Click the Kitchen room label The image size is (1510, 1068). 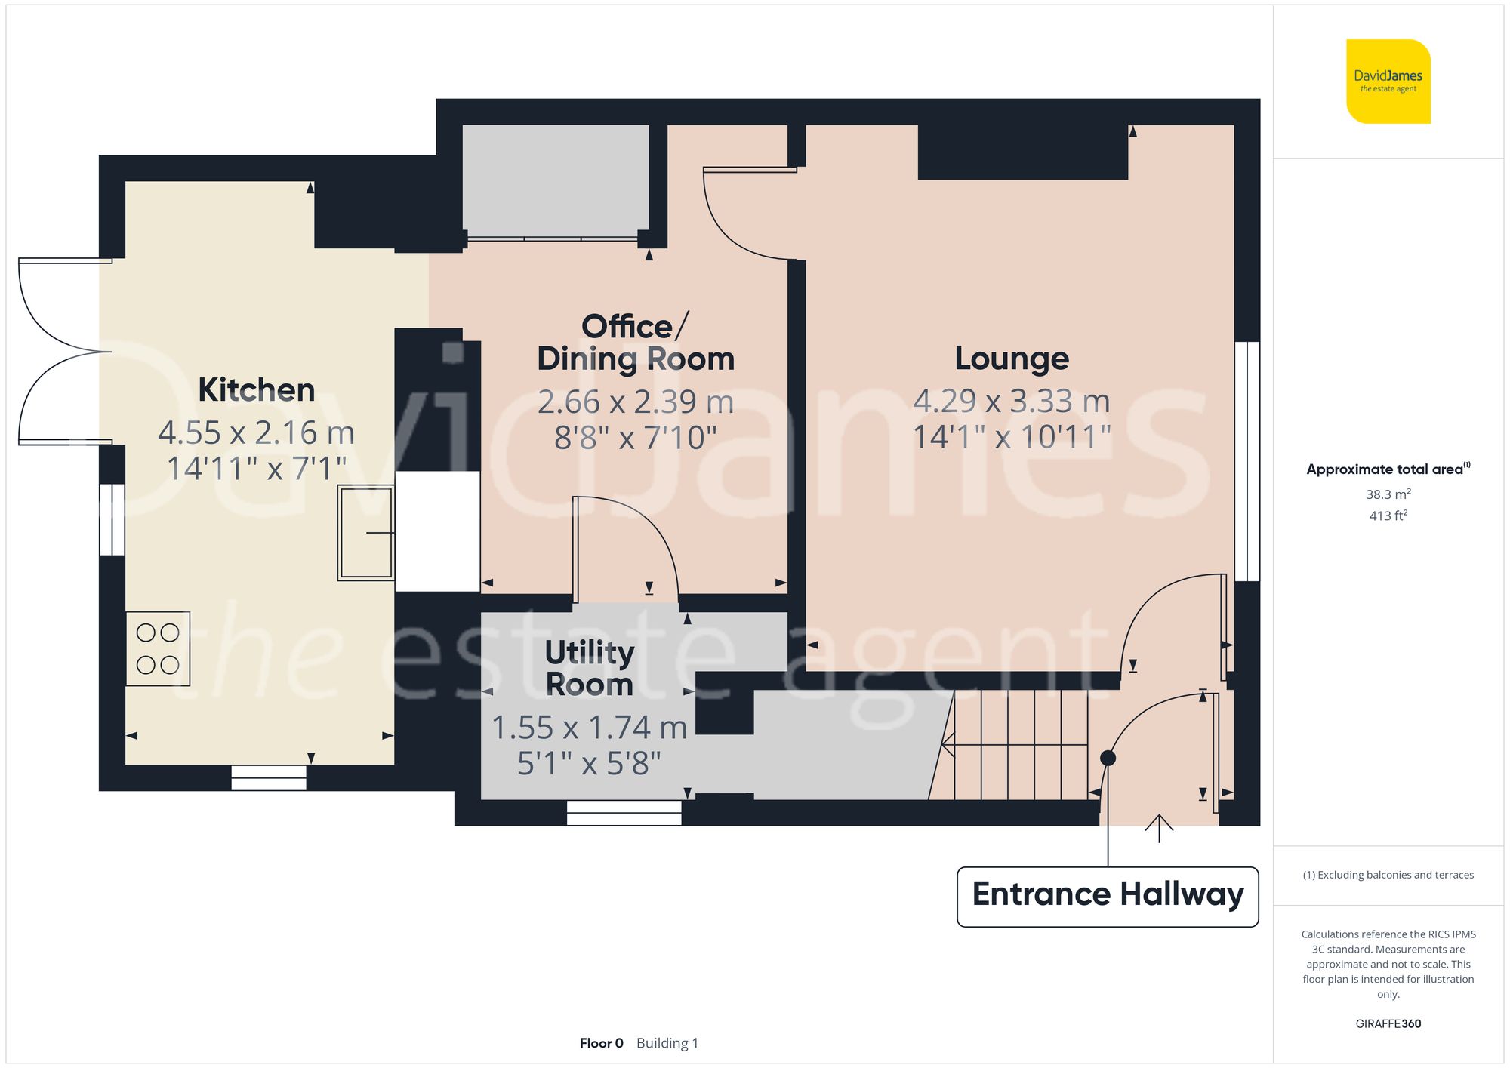[256, 390]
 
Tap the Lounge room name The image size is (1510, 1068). [1012, 359]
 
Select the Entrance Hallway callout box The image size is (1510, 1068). [1108, 896]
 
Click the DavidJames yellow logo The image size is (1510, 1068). [1388, 82]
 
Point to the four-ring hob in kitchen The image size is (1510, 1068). [158, 648]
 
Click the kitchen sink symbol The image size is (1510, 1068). [366, 532]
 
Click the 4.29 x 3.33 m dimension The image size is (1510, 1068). [1012, 402]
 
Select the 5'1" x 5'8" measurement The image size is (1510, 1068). [589, 764]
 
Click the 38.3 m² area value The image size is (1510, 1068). [1388, 494]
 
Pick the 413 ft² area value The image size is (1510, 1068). [1388, 516]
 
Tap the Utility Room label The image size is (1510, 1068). [590, 668]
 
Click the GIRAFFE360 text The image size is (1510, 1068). [1388, 1024]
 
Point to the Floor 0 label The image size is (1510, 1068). [601, 1043]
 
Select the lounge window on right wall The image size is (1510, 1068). [1247, 461]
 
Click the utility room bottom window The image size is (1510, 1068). [624, 813]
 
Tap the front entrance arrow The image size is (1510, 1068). [1159, 828]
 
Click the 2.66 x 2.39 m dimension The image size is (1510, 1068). [635, 402]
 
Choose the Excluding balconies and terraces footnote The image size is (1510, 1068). [1388, 875]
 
